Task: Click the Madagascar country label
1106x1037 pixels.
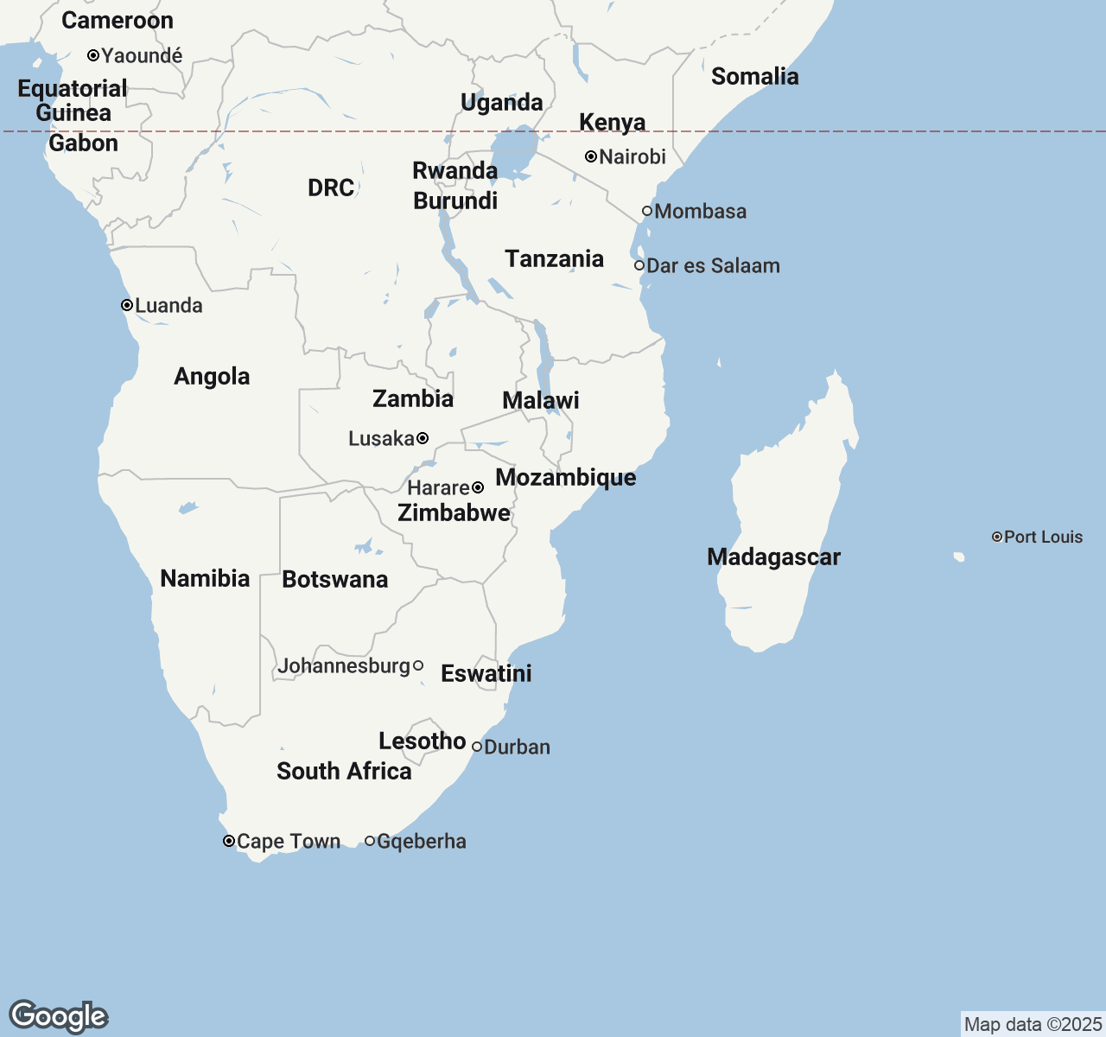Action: pyautogui.click(x=773, y=557)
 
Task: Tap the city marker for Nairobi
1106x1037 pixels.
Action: pyautogui.click(x=591, y=156)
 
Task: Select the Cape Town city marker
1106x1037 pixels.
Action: pyautogui.click(x=229, y=841)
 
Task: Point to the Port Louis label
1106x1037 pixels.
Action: pyautogui.click(x=1043, y=537)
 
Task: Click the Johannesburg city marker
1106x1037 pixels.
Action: pyautogui.click(x=418, y=665)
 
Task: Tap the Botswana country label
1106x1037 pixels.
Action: pyautogui.click(x=334, y=579)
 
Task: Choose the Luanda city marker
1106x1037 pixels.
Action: pyautogui.click(x=127, y=305)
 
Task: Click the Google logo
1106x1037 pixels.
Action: pyautogui.click(x=58, y=1016)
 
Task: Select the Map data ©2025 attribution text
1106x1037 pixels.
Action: pyautogui.click(x=1033, y=1024)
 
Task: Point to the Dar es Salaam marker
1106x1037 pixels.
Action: pyautogui.click(x=639, y=265)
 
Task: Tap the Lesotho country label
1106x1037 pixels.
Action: pyautogui.click(x=422, y=741)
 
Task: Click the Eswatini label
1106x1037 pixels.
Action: pyautogui.click(x=486, y=673)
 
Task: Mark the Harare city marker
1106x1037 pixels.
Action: pyautogui.click(x=478, y=487)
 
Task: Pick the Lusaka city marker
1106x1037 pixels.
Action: pyautogui.click(x=423, y=438)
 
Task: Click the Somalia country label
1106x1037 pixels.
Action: pyautogui.click(x=754, y=76)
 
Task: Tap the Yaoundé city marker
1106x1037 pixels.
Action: pyautogui.click(x=93, y=55)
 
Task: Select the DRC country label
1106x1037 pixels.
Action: pyautogui.click(x=331, y=188)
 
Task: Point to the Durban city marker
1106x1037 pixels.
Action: pyautogui.click(x=477, y=747)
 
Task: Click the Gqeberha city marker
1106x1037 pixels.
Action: pyautogui.click(x=370, y=841)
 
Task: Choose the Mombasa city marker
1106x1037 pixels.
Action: pyautogui.click(x=647, y=211)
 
